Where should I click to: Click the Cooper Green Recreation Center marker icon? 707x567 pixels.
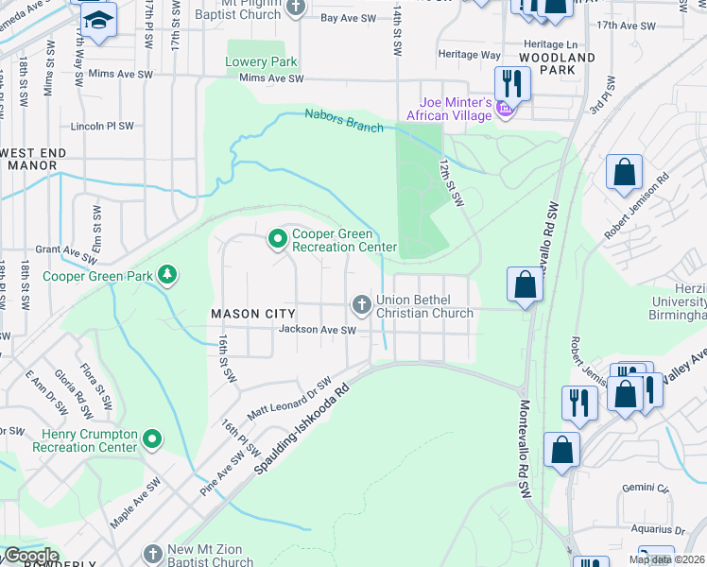pyautogui.click(x=277, y=240)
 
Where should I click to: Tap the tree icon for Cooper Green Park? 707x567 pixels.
pyautogui.click(x=167, y=275)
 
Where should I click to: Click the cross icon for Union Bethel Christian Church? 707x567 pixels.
pyautogui.click(x=360, y=304)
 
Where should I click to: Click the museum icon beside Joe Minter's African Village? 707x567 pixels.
pyautogui.click(x=505, y=113)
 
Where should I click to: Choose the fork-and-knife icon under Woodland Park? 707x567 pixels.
pyautogui.click(x=511, y=82)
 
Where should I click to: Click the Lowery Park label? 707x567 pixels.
pyautogui.click(x=262, y=62)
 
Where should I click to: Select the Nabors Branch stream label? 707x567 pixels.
pyautogui.click(x=344, y=120)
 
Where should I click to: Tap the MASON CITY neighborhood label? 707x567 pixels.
pyautogui.click(x=254, y=313)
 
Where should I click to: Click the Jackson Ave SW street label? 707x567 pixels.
pyautogui.click(x=318, y=330)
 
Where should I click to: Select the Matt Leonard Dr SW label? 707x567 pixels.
pyautogui.click(x=290, y=399)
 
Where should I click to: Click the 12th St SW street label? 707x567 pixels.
pyautogui.click(x=451, y=182)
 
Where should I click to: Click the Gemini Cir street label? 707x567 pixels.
pyautogui.click(x=647, y=489)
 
